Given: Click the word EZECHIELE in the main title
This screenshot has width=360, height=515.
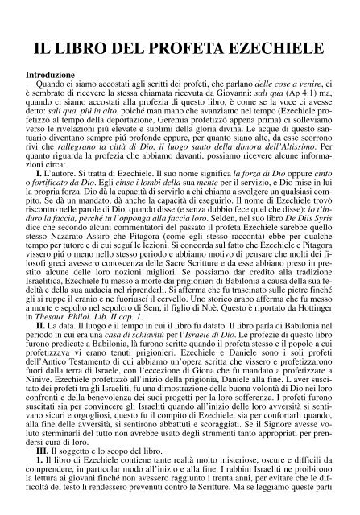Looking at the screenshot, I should [267, 51].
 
